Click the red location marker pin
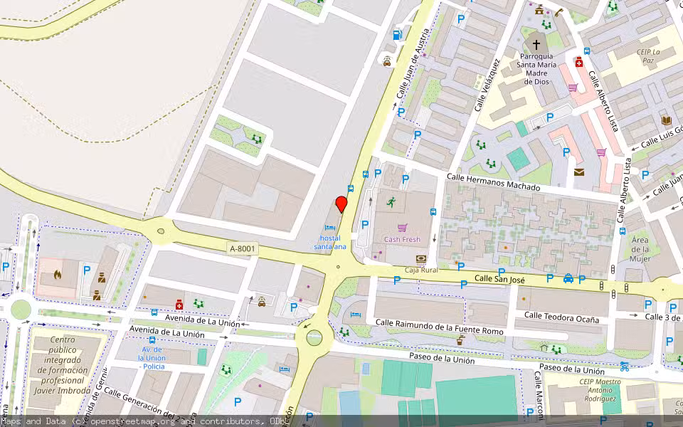(341, 204)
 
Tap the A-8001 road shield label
(243, 248)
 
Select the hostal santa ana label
(330, 242)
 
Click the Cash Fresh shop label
(402, 240)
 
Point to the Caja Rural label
(420, 270)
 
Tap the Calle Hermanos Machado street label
(493, 181)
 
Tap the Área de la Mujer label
(640, 249)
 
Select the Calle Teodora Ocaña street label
(561, 317)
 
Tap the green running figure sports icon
(391, 202)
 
